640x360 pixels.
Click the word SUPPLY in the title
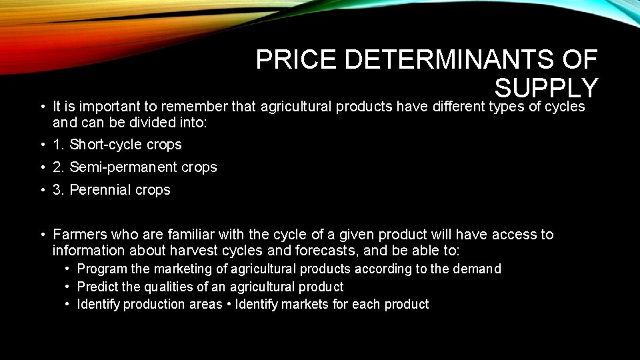545,88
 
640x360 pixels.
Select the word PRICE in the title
297,61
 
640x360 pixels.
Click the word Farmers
80,235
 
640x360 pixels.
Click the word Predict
97,287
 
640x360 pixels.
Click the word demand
477,269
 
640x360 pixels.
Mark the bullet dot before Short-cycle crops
42,145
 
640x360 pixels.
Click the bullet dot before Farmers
42,235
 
